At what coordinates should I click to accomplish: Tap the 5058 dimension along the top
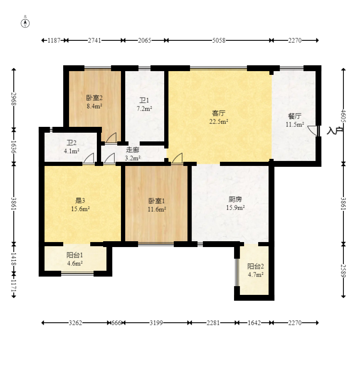point(219,40)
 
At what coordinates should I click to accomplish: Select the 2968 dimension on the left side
point(14,99)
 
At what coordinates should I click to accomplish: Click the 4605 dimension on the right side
point(343,116)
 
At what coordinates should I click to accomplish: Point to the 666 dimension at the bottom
point(116,323)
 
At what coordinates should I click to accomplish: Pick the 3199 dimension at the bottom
point(156,323)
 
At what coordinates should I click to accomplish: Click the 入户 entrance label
point(335,131)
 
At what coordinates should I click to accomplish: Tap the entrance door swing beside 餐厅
point(313,131)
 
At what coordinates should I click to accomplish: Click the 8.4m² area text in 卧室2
point(94,106)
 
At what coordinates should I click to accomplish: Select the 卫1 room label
point(144,100)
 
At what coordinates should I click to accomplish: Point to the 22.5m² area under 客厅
point(219,121)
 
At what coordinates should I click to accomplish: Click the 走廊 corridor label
point(133,150)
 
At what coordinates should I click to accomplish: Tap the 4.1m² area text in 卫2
point(72,151)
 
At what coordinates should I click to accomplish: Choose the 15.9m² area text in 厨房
point(235,208)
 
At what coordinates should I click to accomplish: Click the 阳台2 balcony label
point(256,266)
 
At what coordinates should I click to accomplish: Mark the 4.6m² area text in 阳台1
point(75,263)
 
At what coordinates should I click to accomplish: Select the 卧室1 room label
point(157,201)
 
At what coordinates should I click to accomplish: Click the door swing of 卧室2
point(111,138)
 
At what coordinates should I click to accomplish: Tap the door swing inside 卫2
point(89,158)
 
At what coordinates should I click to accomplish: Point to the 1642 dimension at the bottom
point(254,323)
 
